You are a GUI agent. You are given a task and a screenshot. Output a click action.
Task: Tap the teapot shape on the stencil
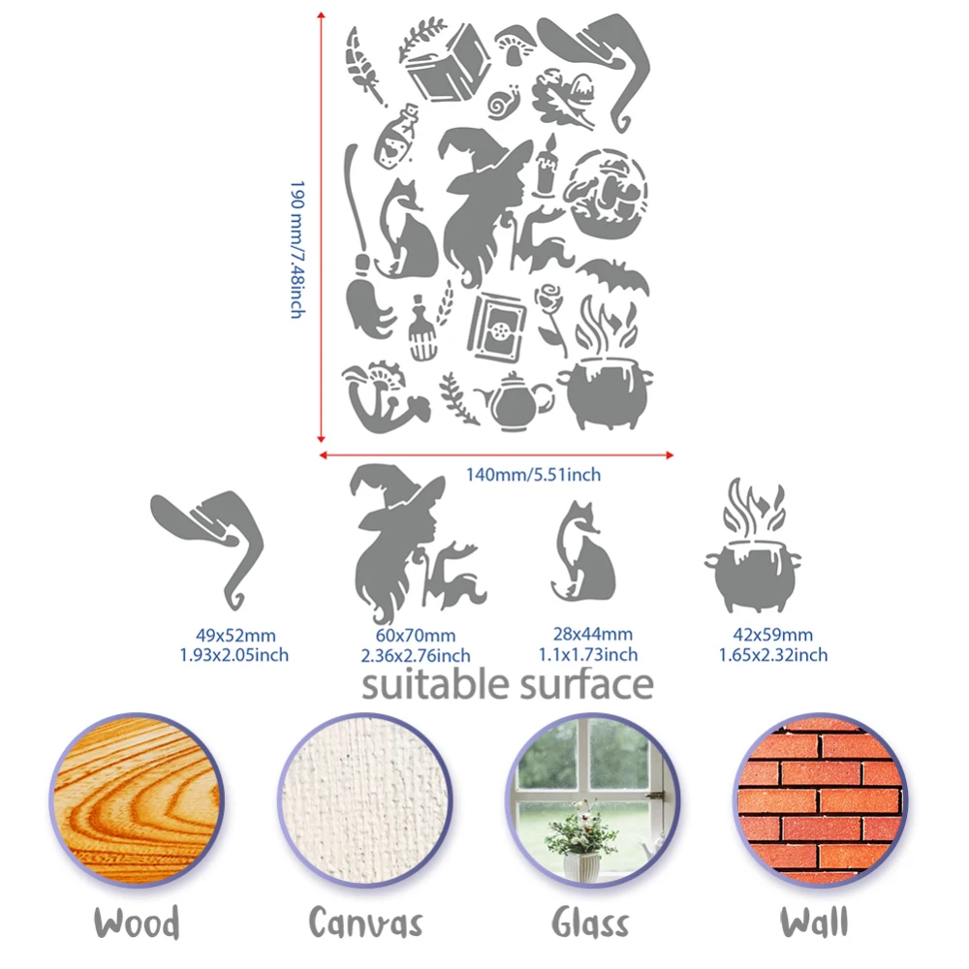pos(515,402)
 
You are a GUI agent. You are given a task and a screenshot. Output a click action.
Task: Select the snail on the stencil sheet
pos(504,103)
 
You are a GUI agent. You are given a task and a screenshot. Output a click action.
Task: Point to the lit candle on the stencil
pos(547,168)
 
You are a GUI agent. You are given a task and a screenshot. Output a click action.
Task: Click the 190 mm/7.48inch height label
pos(297,250)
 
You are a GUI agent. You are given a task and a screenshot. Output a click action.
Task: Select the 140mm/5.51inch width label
pos(533,475)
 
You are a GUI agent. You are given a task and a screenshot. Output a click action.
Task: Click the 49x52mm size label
pos(235,635)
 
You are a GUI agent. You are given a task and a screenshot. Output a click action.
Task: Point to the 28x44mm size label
pos(593,634)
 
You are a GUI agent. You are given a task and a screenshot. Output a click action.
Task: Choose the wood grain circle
pos(138,800)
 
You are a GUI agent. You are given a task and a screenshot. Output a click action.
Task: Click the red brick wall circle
pos(821,800)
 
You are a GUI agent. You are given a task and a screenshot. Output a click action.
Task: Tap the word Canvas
pos(366,923)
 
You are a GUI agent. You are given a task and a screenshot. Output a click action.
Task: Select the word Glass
pos(590,923)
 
